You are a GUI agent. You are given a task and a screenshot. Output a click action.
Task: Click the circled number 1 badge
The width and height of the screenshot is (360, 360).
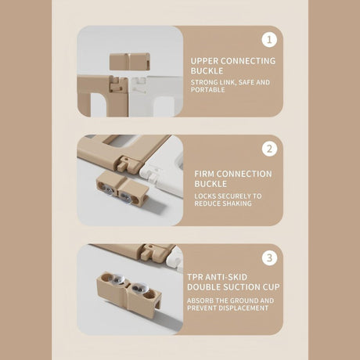[269, 40]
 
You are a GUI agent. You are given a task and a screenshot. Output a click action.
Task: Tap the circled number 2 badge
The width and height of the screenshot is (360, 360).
[269, 149]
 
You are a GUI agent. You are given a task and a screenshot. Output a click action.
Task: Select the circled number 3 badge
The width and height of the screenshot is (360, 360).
[269, 258]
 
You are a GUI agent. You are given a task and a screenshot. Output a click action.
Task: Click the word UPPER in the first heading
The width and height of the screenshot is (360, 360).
[204, 61]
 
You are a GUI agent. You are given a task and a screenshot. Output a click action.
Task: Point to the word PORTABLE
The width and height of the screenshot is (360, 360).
[207, 90]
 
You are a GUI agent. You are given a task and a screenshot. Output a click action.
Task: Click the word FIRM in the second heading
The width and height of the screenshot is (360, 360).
[204, 174]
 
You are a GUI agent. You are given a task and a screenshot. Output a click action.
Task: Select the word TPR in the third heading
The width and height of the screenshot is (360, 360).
[195, 277]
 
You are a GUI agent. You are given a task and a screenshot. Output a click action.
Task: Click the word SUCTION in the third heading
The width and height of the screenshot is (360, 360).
[241, 287]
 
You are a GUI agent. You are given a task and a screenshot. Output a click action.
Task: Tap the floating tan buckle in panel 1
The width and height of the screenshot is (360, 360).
[130, 62]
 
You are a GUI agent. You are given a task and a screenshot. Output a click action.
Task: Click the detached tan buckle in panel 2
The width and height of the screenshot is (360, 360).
[123, 188]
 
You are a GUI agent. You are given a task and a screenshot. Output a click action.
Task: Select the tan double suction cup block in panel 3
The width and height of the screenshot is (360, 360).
[129, 293]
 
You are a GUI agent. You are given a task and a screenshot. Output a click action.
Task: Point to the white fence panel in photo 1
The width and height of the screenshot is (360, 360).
[156, 96]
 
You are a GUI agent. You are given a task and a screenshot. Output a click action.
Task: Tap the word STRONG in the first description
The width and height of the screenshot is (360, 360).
[203, 82]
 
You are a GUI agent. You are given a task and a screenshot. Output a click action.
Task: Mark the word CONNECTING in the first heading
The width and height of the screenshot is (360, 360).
[248, 61]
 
